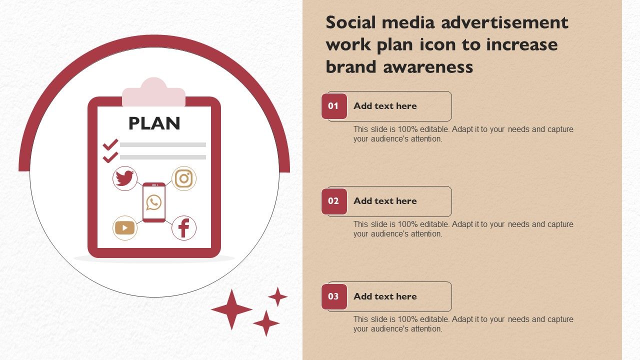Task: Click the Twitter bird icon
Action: point(125,178)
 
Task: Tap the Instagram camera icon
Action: point(183,178)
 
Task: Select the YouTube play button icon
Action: point(125,228)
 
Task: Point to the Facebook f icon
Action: point(183,228)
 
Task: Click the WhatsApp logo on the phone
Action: point(153,202)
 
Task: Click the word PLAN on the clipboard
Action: point(154,123)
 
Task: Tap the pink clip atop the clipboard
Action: point(153,92)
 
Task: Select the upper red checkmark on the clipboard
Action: point(110,144)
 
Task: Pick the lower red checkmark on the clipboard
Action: point(110,157)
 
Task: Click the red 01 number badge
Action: point(334,106)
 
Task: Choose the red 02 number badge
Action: point(334,201)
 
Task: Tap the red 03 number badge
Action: point(334,296)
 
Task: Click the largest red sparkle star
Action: point(231,309)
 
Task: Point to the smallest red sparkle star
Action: point(277,297)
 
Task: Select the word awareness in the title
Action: point(428,67)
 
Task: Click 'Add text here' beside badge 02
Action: point(385,201)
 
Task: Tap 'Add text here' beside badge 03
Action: point(385,296)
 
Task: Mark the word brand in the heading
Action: point(351,66)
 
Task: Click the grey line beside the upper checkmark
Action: point(163,144)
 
